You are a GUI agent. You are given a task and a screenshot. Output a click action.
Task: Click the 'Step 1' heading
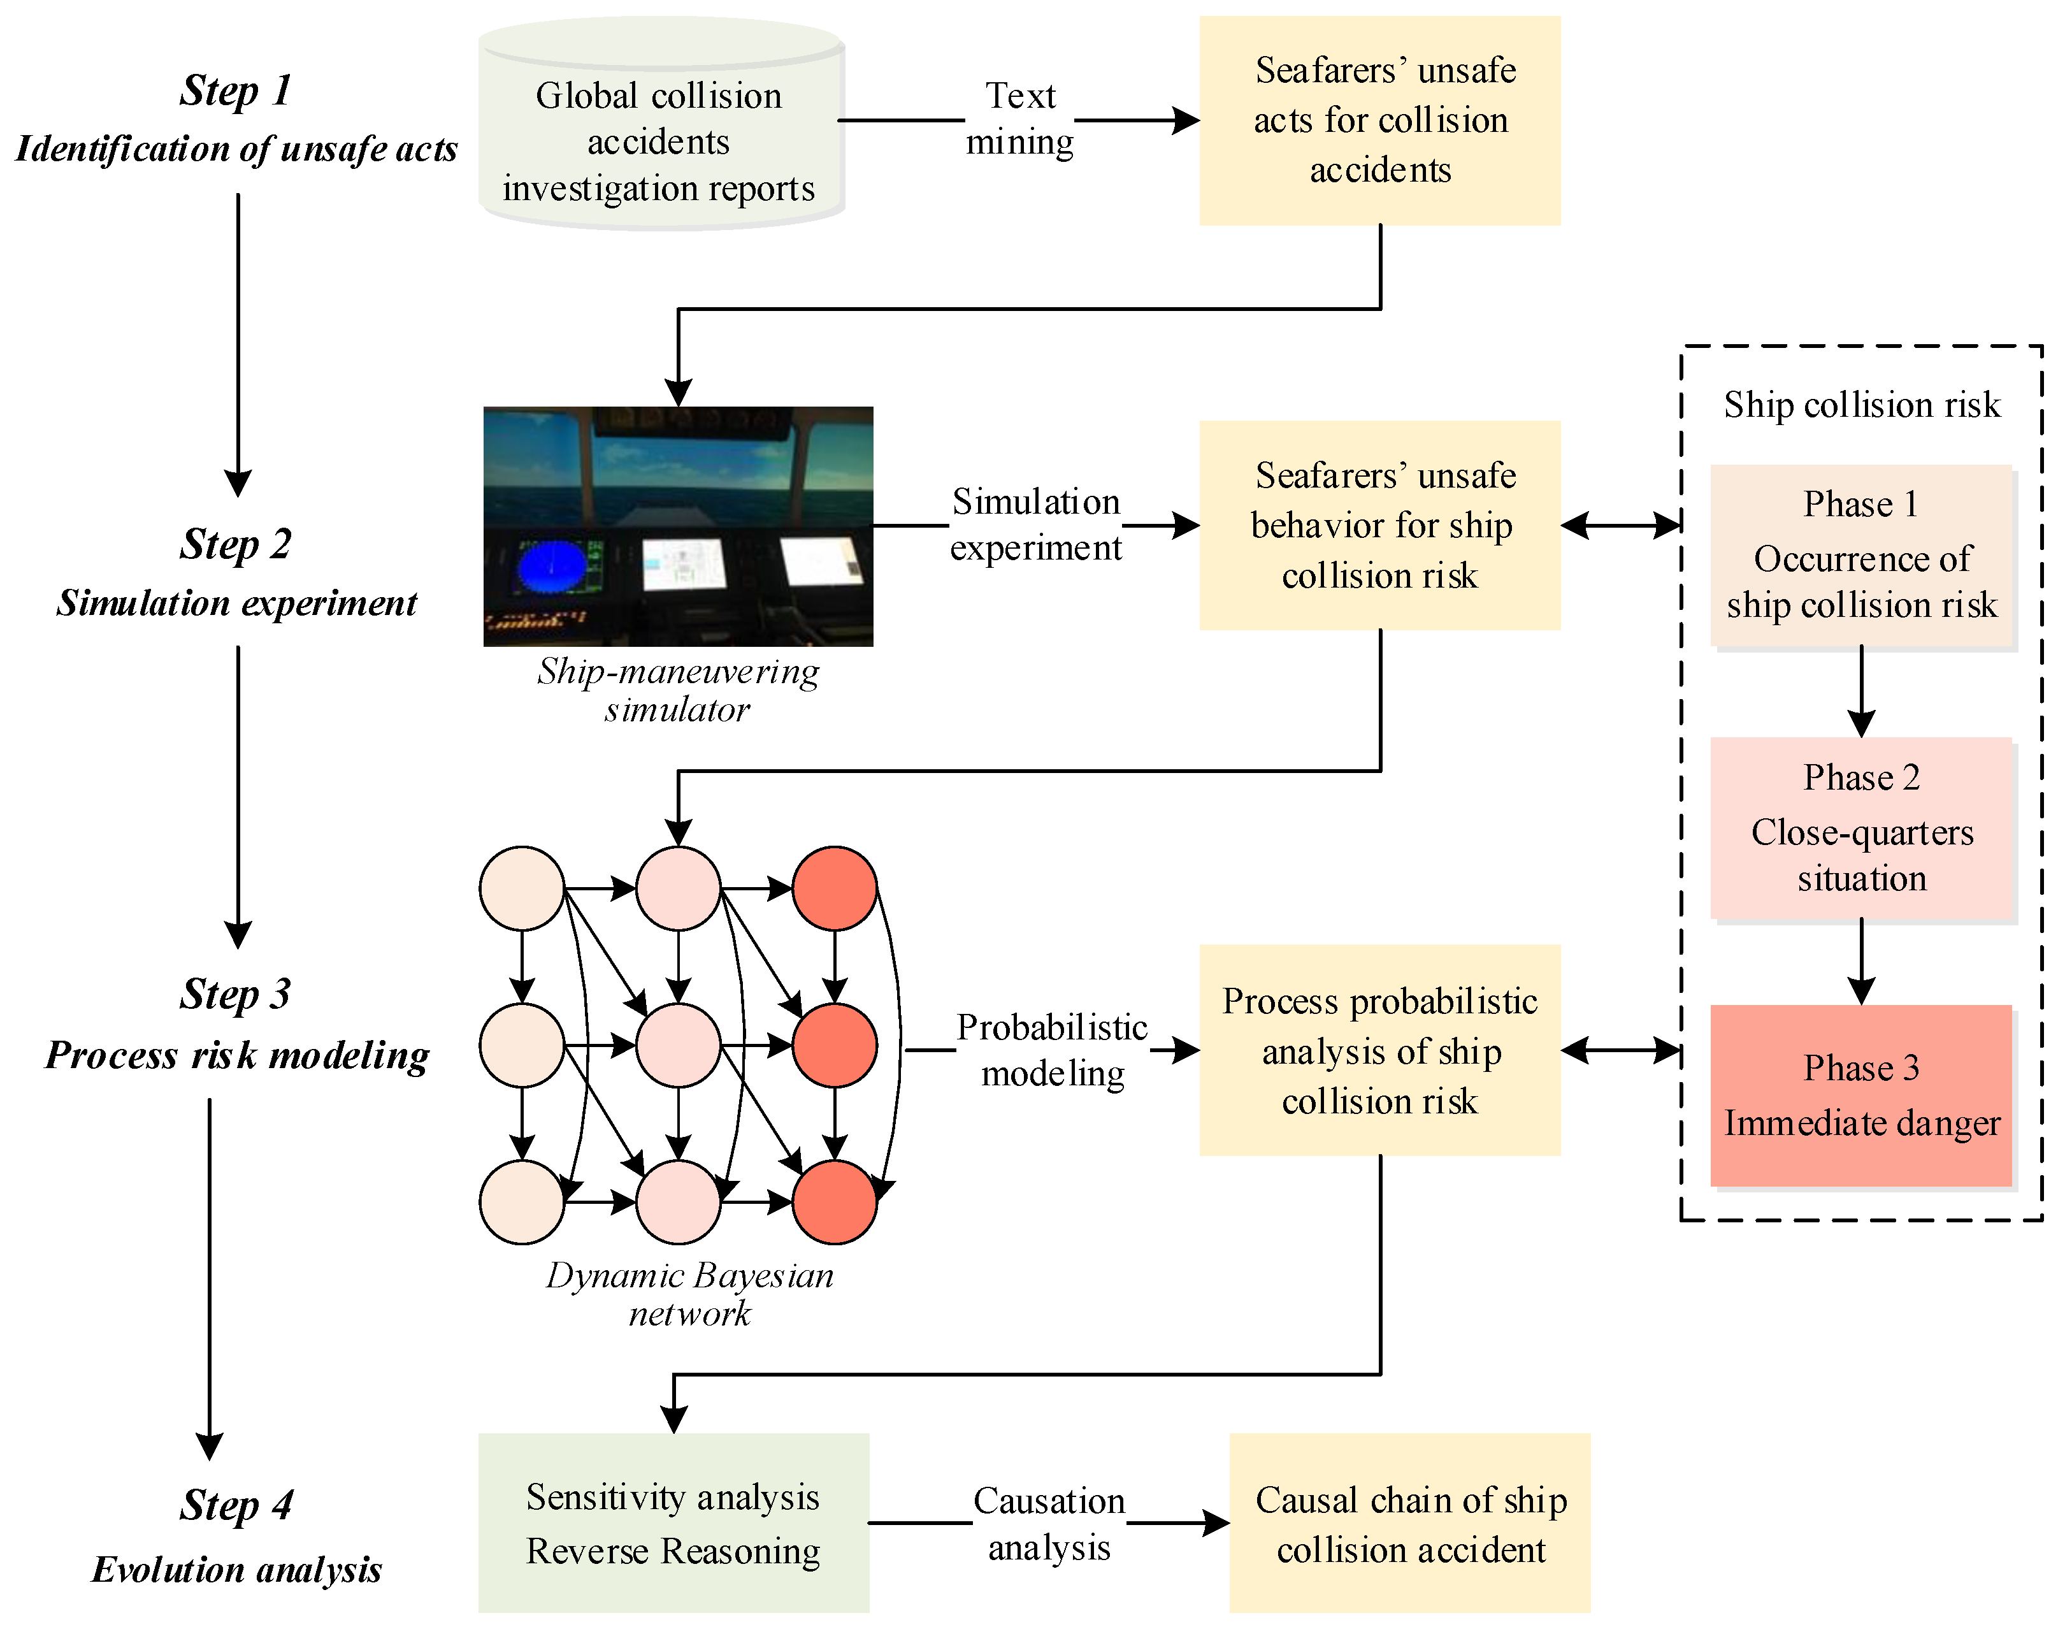click(235, 91)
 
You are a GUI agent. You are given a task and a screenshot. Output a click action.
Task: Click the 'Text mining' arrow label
click(1020, 119)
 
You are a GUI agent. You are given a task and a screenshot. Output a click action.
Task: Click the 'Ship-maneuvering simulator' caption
click(677, 690)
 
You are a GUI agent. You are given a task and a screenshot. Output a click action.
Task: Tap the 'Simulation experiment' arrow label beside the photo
click(1036, 525)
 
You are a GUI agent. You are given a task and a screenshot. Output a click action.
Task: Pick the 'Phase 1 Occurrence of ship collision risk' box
click(1861, 555)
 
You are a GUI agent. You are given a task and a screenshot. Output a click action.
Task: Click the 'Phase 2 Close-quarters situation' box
click(1861, 828)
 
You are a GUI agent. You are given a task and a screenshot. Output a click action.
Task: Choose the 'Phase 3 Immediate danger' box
click(1861, 1096)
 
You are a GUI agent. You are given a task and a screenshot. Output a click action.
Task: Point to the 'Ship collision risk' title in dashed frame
click(1861, 405)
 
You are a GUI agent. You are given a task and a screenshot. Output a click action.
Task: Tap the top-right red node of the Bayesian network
click(834, 888)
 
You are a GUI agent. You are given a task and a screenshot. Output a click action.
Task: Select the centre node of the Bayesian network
click(678, 1045)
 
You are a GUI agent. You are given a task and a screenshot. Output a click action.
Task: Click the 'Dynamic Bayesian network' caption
click(689, 1294)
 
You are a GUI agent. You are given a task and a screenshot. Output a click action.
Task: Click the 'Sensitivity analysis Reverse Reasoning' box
click(673, 1523)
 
